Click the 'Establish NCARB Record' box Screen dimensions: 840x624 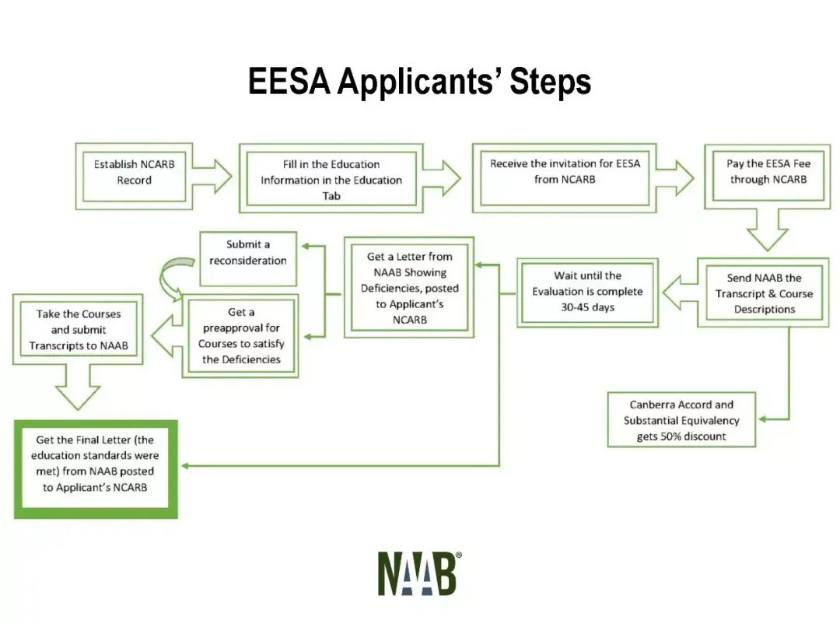(x=134, y=177)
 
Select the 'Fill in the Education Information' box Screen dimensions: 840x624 (x=331, y=178)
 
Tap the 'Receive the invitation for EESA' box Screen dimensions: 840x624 (x=565, y=178)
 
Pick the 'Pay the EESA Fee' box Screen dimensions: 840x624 (x=768, y=177)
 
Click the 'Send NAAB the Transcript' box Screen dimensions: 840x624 (x=764, y=293)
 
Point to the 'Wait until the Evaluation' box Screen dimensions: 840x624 (x=588, y=293)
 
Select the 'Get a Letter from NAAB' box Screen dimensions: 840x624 (x=409, y=287)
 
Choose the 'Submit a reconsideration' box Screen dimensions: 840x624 (x=248, y=258)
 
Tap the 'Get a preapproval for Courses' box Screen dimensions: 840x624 (x=240, y=335)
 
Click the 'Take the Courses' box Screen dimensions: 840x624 (x=79, y=329)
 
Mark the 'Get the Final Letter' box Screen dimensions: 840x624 (x=96, y=469)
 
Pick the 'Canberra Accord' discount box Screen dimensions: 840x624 (x=681, y=419)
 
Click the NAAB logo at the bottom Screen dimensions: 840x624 (x=419, y=573)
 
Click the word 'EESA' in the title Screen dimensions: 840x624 (x=289, y=82)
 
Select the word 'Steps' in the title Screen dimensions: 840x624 (x=550, y=82)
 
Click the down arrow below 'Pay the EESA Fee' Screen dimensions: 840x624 (x=767, y=230)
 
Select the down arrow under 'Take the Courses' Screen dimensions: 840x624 (x=78, y=387)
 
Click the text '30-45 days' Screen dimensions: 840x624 (x=588, y=307)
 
